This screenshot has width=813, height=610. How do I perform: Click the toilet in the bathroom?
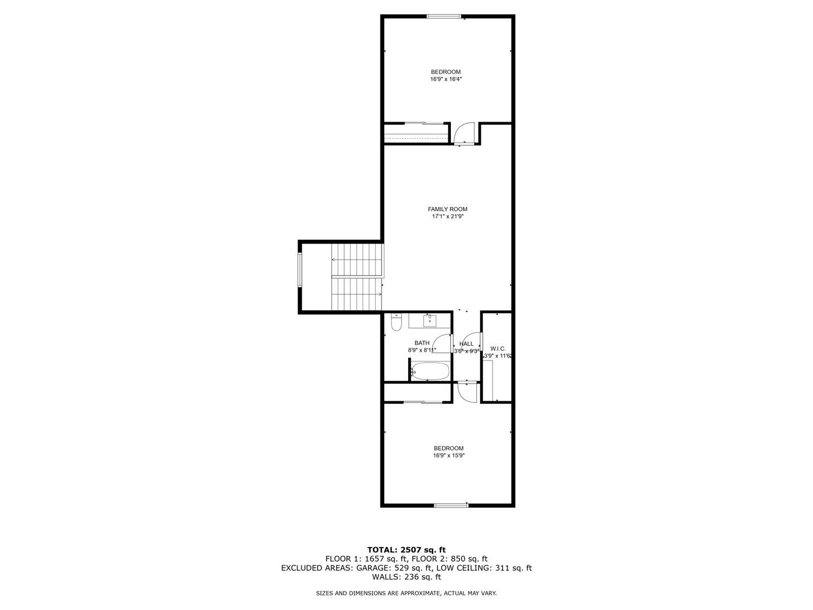pos(396,323)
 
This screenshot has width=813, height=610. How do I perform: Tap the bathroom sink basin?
pos(430,321)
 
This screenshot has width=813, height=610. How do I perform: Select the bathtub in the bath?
pos(430,372)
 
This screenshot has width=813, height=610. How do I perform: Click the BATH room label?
pos(422,343)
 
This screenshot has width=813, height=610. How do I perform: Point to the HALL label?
pos(466,344)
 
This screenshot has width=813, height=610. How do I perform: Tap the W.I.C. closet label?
pos(498,349)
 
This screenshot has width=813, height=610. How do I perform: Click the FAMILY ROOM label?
pos(447,209)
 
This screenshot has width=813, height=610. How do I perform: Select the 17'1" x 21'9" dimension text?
pos(447,217)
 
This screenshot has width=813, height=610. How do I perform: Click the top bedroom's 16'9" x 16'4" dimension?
pos(446,79)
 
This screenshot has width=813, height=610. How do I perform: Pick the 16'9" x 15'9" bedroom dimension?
pos(449,456)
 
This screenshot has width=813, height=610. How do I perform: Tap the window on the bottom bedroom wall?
pos(451,505)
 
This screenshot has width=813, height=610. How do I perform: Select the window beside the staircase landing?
pos(300,269)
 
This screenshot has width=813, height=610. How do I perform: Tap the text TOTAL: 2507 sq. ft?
pos(406,550)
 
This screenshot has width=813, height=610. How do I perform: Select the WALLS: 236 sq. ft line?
pos(406,577)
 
